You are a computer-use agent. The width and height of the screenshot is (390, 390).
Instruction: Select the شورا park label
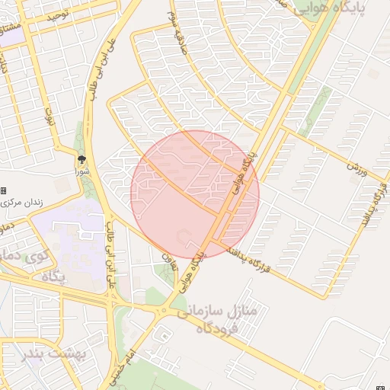tap(81, 171)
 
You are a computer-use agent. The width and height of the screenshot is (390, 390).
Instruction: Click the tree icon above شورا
tap(81, 159)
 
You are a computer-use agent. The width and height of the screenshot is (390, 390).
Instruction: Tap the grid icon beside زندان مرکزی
tap(4, 190)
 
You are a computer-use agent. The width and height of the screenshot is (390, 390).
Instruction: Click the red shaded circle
tap(195, 193)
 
